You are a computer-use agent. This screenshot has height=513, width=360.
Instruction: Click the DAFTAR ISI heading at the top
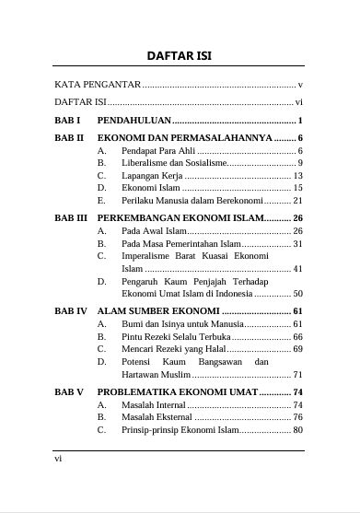click(x=180, y=55)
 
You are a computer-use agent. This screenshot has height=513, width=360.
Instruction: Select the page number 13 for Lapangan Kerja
click(x=297, y=175)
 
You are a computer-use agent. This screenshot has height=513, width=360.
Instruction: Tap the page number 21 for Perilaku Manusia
click(x=297, y=200)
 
